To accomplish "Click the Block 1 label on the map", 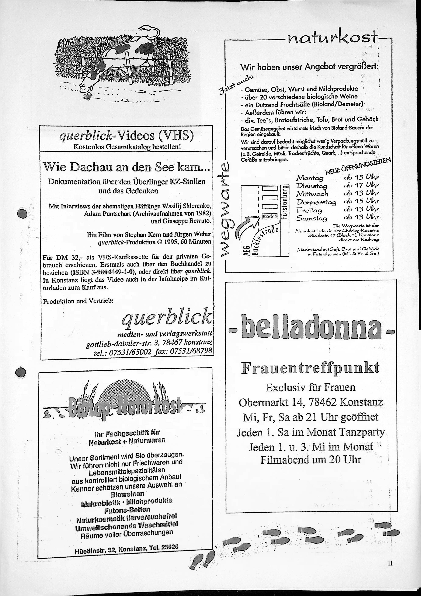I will [x=270, y=216].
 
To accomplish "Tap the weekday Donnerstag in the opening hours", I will [x=316, y=202].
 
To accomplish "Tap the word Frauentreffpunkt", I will [x=310, y=368].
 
